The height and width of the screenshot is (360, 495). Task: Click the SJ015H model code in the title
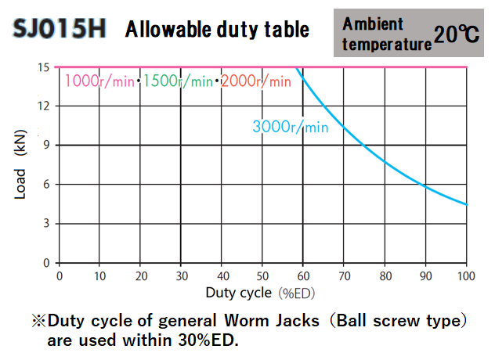coord(60,31)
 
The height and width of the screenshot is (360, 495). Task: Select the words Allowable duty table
coord(218,31)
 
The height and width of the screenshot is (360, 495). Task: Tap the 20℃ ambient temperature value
coord(458,34)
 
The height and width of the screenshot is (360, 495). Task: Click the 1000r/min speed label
coord(99,81)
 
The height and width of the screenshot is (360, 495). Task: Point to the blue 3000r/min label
coord(290,126)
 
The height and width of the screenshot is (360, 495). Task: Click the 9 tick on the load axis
coord(47,145)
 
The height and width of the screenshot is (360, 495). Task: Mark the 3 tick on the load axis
coord(47,223)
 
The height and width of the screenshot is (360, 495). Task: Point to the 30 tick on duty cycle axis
coord(181,275)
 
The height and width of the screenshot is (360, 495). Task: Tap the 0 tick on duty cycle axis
coord(59,275)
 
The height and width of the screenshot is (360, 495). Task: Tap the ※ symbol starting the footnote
coord(39,321)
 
